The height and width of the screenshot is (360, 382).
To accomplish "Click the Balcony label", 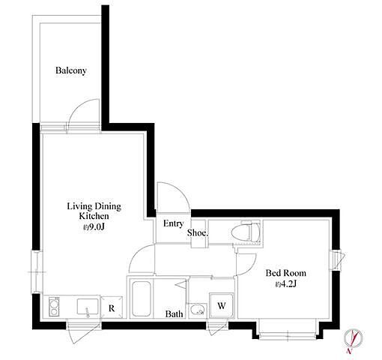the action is [x=71, y=70].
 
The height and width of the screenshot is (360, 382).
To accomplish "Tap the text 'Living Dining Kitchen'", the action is [x=94, y=211].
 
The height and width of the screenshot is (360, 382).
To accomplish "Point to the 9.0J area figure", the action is [x=94, y=227].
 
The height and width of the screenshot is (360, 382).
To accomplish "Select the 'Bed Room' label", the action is [x=286, y=273].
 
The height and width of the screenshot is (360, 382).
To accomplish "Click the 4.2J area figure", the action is [x=286, y=284].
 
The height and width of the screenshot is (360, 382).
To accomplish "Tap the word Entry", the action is [x=174, y=223].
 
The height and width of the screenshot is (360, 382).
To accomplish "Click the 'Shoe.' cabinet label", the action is [x=198, y=232].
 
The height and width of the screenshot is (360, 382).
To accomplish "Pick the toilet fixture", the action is [x=246, y=232].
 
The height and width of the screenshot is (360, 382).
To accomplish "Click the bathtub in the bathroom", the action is [x=141, y=298].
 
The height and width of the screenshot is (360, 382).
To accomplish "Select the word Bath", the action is [x=174, y=313].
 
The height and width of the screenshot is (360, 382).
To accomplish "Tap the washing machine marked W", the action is [x=222, y=305].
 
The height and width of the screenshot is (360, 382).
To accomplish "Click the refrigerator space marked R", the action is [x=112, y=307].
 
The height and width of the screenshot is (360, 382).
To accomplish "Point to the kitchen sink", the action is [x=88, y=307].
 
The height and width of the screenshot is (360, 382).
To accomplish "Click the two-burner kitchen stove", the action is [x=54, y=307].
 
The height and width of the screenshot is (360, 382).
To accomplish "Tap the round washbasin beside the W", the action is [x=197, y=310].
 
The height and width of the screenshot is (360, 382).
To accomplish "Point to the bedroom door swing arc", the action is [x=251, y=268].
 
